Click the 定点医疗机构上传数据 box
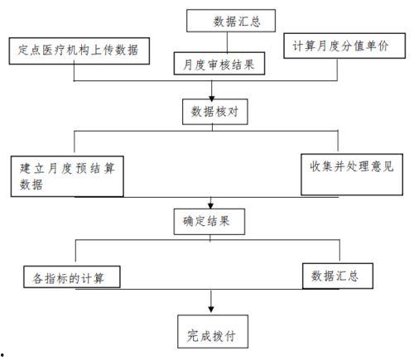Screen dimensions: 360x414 (x=80, y=50)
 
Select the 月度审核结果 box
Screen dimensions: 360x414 (x=219, y=63)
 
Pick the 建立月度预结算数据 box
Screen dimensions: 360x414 (x=69, y=175)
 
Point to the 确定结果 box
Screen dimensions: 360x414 (x=213, y=221)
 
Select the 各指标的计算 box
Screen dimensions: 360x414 (x=70, y=274)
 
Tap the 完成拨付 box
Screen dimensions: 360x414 (x=213, y=334)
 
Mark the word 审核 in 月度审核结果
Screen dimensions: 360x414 (x=219, y=63)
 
